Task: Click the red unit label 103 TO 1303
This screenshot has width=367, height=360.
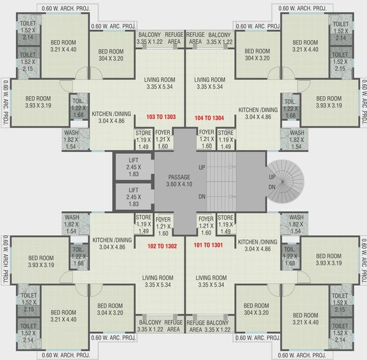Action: point(161,117)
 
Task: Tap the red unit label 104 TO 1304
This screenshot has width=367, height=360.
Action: point(209,118)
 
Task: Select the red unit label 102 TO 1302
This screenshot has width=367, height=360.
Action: point(162,246)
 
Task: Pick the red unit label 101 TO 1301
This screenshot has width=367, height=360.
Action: point(209,245)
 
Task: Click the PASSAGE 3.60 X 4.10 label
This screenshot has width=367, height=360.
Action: point(179,181)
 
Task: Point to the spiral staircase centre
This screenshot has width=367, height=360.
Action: point(282,181)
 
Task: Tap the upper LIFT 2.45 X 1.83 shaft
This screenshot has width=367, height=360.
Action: point(134,167)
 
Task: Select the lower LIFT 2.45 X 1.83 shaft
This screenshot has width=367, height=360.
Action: point(134,197)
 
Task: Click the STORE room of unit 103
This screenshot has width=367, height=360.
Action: point(143,139)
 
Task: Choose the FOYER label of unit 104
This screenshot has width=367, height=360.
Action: point(207,132)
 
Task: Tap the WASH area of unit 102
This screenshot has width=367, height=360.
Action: point(76,224)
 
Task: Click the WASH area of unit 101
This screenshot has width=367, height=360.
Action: point(294,224)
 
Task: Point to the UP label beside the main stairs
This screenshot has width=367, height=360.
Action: point(202,167)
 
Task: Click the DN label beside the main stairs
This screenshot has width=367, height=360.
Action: point(202,197)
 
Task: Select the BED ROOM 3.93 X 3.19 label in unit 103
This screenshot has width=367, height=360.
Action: point(38,102)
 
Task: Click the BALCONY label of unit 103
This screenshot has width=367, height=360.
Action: point(149,34)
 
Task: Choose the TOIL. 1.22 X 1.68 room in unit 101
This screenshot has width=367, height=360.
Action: point(290,256)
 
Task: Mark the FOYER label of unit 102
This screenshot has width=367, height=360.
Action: point(163,219)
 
